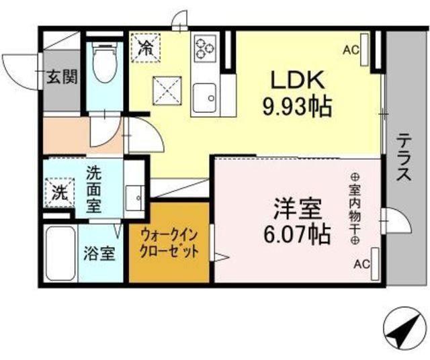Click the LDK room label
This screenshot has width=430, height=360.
(298, 79)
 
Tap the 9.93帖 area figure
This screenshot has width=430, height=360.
(298, 107)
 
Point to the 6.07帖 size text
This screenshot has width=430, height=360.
(296, 234)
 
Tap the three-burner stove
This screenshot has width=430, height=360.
(205, 48)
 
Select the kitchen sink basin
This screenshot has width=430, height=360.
(204, 98)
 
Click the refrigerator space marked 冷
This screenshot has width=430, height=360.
(145, 48)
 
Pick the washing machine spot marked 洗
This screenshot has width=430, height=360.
(60, 192)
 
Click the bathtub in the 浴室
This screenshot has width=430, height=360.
(60, 253)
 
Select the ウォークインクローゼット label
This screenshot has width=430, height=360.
(169, 243)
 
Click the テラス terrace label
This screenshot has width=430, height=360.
(404, 157)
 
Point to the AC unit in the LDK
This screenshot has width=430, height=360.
(364, 50)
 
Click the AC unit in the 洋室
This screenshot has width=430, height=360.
(375, 264)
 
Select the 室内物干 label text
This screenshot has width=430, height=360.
(355, 209)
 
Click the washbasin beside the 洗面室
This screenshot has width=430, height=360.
(135, 198)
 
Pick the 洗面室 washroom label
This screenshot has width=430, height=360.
(94, 189)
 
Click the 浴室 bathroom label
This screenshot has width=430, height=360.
(99, 253)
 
